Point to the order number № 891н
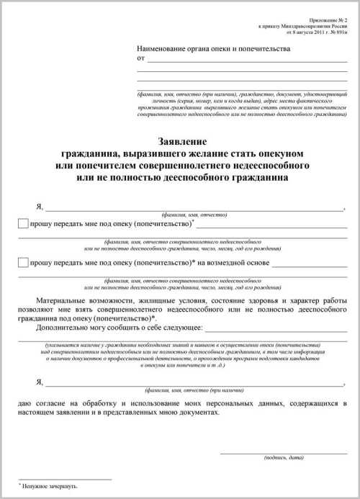pyautogui.click(x=336, y=32)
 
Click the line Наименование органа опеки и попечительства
pyautogui.click(x=214, y=49)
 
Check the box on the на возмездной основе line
pyautogui.click(x=24, y=264)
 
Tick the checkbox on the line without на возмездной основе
pyautogui.click(x=24, y=224)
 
